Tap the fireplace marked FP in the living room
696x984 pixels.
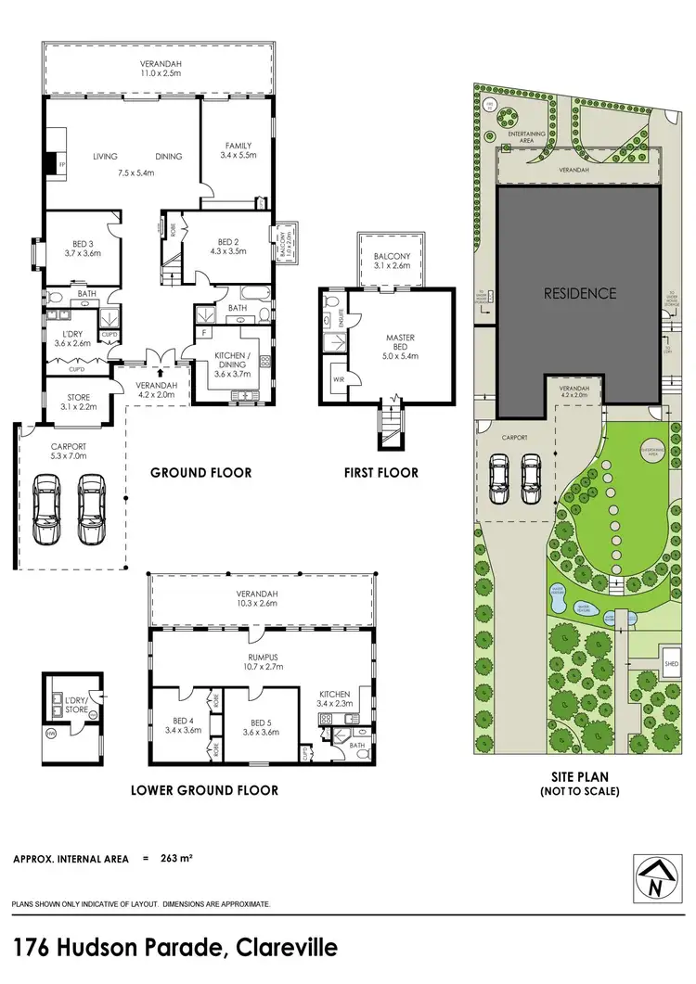(51, 164)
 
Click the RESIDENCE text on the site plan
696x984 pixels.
(579, 293)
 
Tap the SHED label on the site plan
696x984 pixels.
(670, 664)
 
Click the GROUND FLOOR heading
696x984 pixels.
(201, 473)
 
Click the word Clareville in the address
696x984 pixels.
(287, 948)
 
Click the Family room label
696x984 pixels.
(238, 150)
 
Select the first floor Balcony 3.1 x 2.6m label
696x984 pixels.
(391, 262)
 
